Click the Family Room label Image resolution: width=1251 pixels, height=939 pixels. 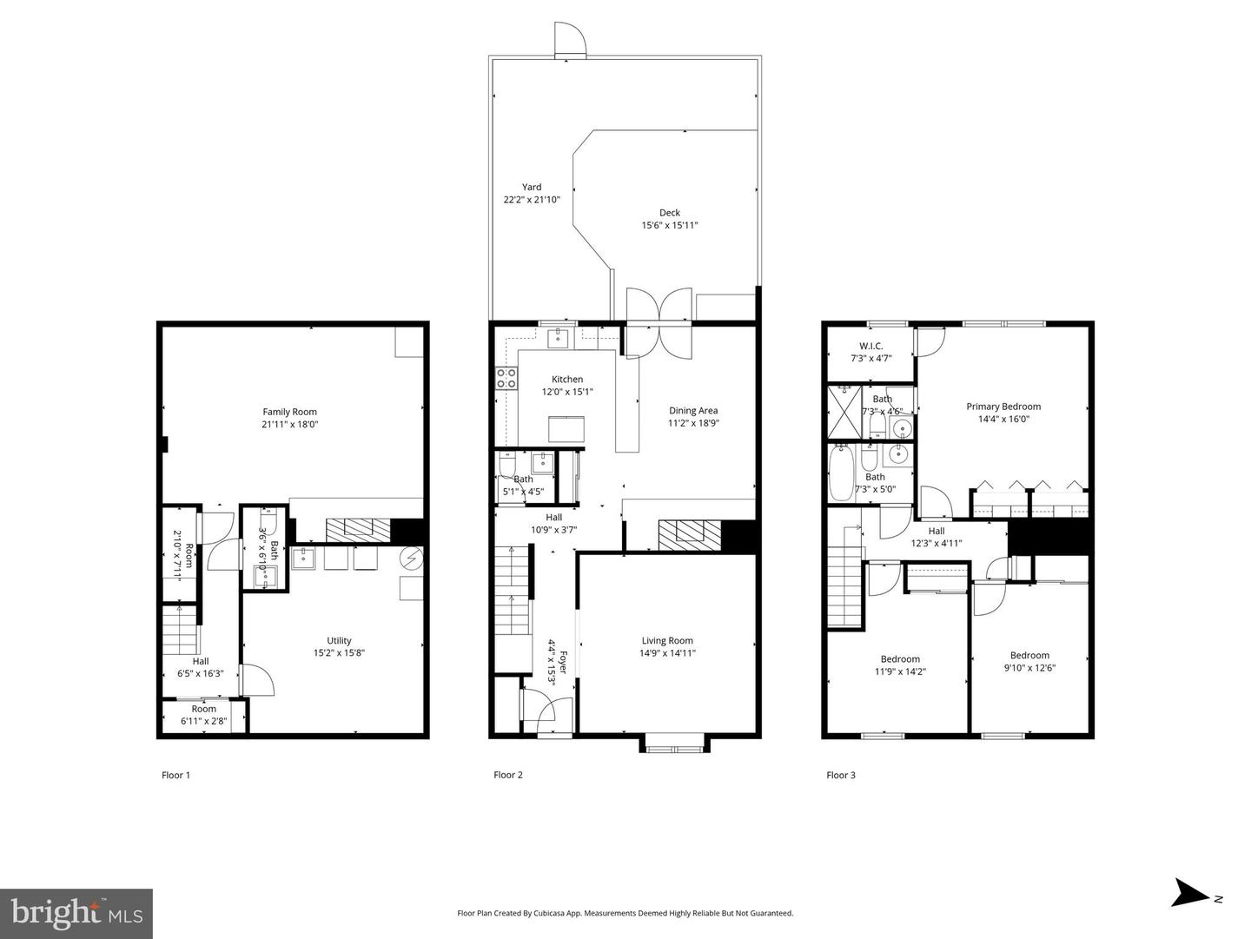click(289, 412)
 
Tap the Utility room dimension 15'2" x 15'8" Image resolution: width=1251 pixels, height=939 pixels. click(339, 653)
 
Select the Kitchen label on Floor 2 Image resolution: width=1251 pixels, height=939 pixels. click(567, 379)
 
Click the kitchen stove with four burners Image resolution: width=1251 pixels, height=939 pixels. click(506, 378)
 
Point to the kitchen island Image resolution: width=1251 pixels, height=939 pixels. click(566, 429)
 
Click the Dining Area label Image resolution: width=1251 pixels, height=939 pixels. click(693, 411)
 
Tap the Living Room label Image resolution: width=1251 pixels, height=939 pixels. click(667, 641)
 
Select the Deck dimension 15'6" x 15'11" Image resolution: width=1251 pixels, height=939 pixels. click(669, 226)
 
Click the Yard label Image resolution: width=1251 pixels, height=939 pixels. click(532, 187)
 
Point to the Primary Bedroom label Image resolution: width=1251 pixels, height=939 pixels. click(1003, 407)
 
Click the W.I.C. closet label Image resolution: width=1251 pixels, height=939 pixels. click(870, 346)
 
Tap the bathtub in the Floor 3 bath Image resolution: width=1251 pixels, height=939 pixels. click(841, 473)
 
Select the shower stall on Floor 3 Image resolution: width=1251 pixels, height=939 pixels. click(843, 412)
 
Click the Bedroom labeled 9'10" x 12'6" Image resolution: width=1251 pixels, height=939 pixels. click(1029, 656)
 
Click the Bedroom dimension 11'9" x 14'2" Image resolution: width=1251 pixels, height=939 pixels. click(899, 671)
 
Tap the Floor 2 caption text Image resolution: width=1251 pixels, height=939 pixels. click(508, 775)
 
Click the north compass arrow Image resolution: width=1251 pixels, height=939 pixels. click(1187, 893)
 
